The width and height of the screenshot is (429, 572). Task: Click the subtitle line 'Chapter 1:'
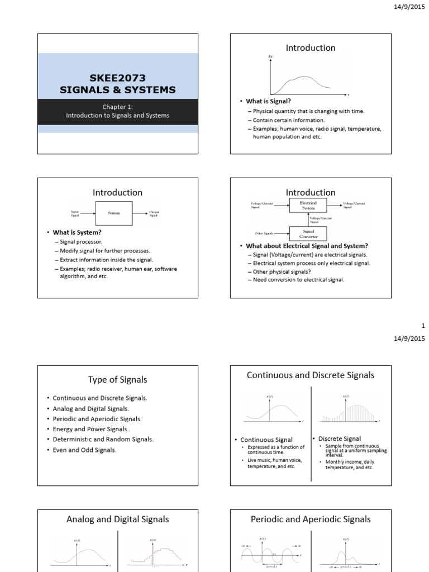click(x=117, y=106)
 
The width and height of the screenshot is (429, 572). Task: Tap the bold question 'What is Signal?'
click(x=269, y=101)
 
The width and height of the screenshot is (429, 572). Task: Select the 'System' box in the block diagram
click(x=114, y=212)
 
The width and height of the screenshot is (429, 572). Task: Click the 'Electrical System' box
click(x=308, y=206)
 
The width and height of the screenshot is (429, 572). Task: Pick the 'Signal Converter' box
click(x=308, y=232)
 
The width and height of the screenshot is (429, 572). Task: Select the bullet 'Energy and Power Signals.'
click(x=90, y=429)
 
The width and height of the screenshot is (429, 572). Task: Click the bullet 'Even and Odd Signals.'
click(x=84, y=450)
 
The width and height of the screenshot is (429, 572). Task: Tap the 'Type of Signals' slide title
click(x=117, y=380)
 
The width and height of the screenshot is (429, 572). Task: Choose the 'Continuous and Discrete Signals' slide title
click(x=311, y=375)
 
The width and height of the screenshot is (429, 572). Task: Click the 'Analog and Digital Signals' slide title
click(x=117, y=519)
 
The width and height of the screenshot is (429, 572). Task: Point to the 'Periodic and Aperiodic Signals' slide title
click(x=311, y=519)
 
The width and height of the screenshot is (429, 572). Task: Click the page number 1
click(x=423, y=326)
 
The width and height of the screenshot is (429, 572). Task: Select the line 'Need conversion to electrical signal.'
click(x=299, y=279)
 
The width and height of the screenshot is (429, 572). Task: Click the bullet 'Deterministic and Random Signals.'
click(x=103, y=439)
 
